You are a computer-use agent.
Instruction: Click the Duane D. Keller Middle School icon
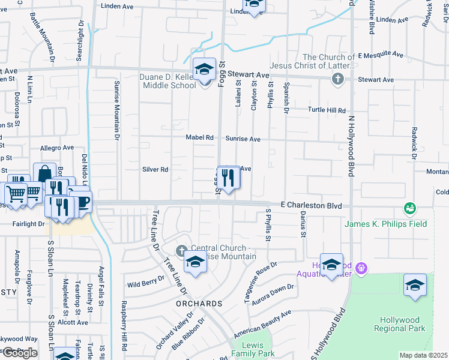coord(204,71)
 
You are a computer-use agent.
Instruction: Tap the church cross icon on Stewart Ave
coord(338,79)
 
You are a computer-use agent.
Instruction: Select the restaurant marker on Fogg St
coord(228,178)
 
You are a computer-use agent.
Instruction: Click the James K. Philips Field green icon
coord(411,209)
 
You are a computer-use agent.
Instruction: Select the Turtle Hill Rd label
coord(327,110)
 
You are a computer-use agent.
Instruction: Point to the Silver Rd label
coord(155,169)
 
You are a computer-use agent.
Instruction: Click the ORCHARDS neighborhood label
coord(199,304)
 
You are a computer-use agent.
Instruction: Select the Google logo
coord(20,353)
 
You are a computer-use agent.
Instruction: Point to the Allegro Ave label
coord(56,148)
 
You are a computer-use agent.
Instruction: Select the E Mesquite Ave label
coord(380,55)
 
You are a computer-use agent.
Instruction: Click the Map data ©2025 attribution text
coord(424,355)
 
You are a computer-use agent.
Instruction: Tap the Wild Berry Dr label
coord(146,280)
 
